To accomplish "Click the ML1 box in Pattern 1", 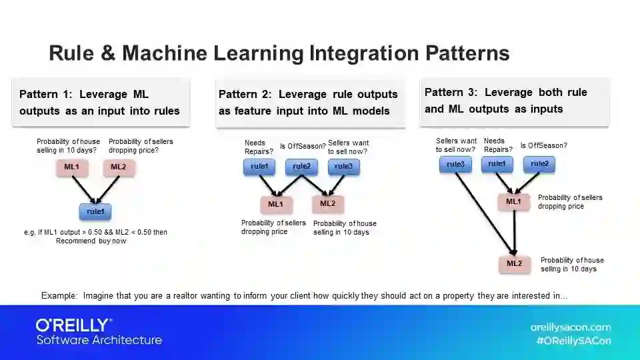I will tap(73, 167).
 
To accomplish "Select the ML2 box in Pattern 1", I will tap(118, 167).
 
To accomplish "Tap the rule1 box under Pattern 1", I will tap(95, 211).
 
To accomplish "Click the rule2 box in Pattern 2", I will tap(301, 167).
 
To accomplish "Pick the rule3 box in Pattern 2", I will tap(343, 167).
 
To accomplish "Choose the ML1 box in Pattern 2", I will tap(275, 204).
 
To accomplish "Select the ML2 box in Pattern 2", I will tap(327, 203).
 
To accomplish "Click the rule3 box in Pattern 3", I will tap(455, 164).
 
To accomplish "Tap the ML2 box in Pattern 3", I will tap(514, 263).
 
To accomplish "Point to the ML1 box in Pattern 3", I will tap(513, 201).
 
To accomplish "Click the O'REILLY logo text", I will tap(74, 325).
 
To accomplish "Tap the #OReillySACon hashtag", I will tap(573, 340).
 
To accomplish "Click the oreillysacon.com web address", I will tap(570, 327).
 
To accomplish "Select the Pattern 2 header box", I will tap(309, 103).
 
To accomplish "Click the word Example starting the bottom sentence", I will tap(59, 295).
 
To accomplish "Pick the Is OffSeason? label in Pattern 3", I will tap(543, 145).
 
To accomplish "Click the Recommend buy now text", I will tap(91, 241).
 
